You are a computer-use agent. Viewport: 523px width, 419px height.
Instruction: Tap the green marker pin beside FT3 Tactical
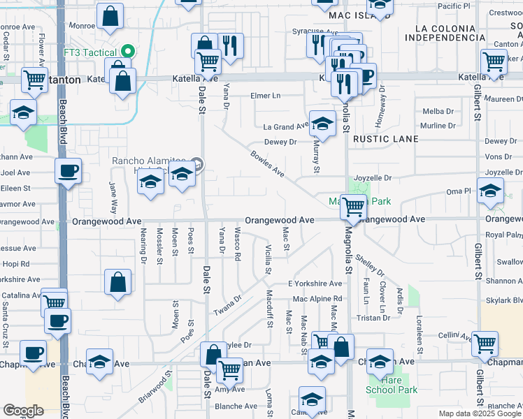127,52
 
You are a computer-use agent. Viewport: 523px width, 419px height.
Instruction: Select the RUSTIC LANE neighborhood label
386,139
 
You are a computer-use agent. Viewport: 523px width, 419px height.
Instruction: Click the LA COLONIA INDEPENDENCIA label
450,32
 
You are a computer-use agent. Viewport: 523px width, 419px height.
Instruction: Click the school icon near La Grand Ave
322,124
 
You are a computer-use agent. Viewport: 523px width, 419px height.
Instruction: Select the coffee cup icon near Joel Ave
68,170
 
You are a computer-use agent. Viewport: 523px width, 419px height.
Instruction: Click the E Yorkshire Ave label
315,284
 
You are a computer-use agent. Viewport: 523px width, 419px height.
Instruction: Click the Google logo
23,411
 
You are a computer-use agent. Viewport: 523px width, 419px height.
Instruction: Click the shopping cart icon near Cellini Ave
485,343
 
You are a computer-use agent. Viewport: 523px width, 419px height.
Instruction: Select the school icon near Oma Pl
490,190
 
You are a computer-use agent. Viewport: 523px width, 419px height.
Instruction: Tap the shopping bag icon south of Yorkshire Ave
118,283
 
